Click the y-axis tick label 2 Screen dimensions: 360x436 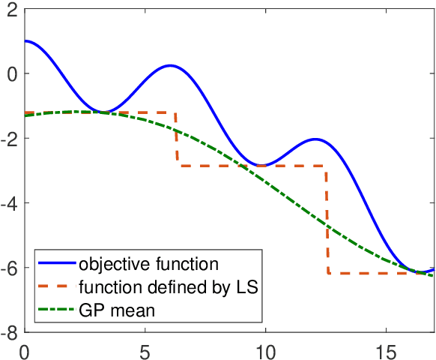point(13,9)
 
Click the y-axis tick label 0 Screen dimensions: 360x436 point(13,73)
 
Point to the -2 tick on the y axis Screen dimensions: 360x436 point(10,139)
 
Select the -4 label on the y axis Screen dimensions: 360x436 point(10,203)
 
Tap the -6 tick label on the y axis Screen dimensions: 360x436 point(10,268)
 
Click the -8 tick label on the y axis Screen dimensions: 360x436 point(10,332)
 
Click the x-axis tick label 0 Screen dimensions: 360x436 point(25,349)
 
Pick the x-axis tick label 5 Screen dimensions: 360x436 point(145,349)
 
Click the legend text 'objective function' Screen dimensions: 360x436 point(149,264)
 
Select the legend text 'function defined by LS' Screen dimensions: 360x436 point(168,286)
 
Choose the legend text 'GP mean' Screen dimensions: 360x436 point(116,309)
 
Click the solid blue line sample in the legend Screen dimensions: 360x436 point(58,264)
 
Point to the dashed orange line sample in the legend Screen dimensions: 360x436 point(58,286)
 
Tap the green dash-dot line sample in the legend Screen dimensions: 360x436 point(58,309)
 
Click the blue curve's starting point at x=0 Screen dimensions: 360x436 point(25,41)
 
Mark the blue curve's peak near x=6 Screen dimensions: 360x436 point(171,65)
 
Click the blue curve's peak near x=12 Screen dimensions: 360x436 point(316,139)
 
